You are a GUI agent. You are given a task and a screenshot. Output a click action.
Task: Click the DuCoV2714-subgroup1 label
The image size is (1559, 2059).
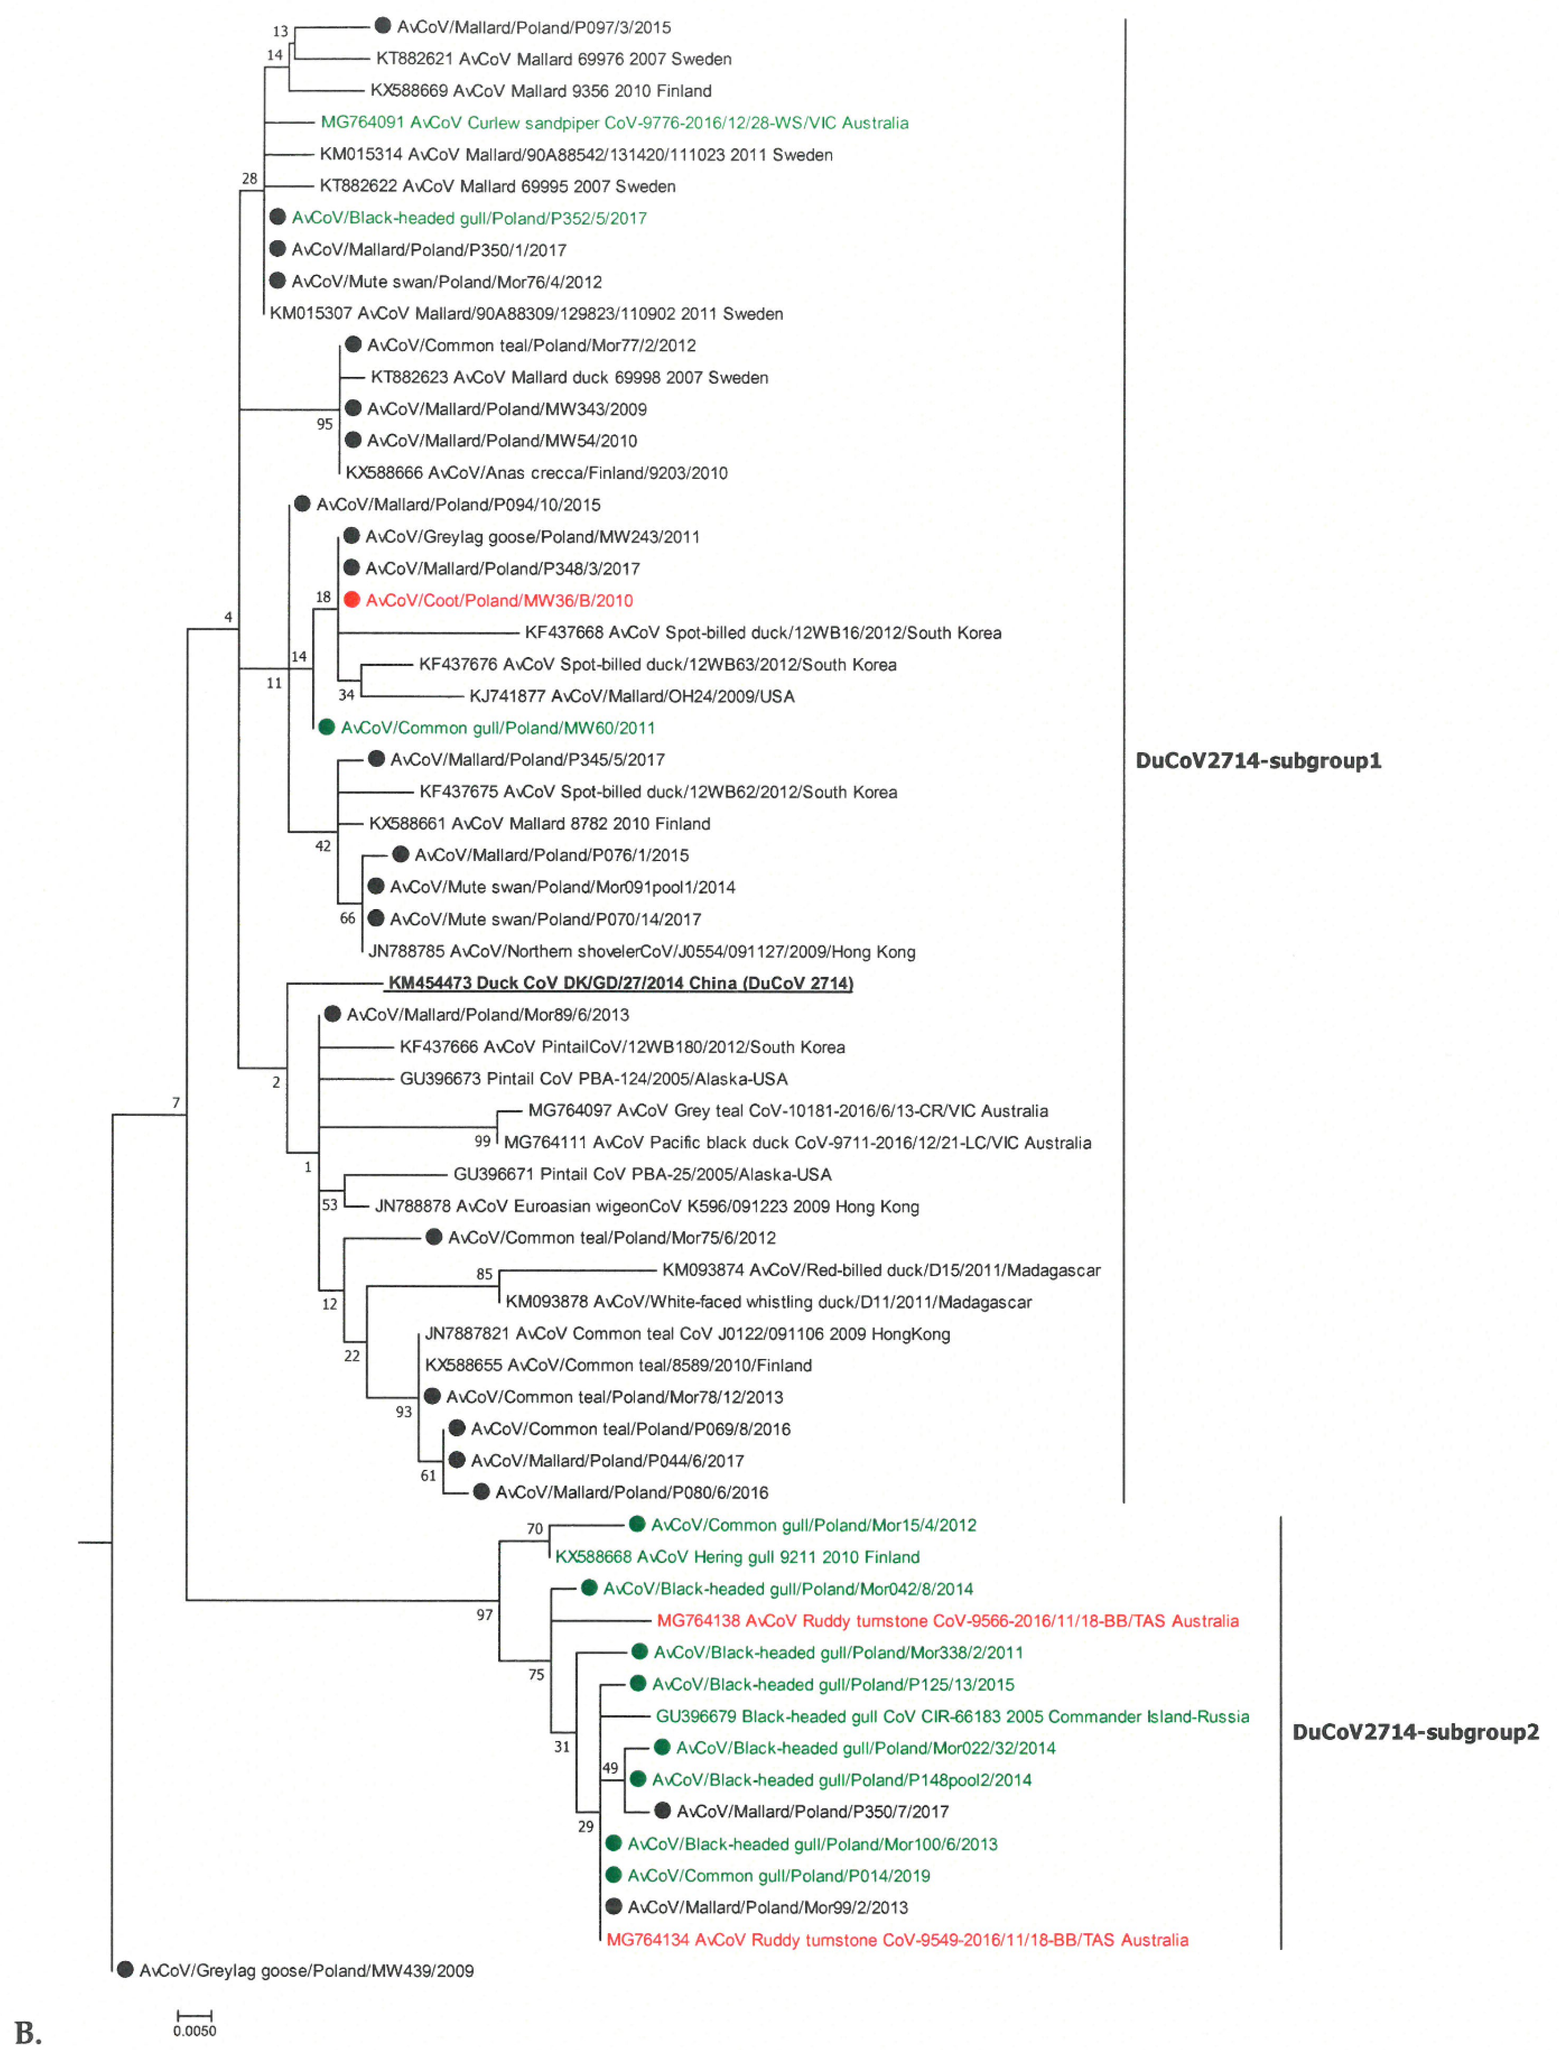[x=1257, y=761]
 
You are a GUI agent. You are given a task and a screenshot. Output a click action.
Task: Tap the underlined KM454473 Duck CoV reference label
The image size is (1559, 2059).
[x=620, y=983]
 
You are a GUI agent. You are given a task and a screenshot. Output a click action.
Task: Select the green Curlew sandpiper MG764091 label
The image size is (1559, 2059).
[x=614, y=123]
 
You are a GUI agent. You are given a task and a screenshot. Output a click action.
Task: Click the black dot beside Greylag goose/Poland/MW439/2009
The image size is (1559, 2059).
[x=125, y=1970]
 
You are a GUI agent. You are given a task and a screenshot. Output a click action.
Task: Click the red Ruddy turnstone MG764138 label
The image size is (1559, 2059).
[x=947, y=1620]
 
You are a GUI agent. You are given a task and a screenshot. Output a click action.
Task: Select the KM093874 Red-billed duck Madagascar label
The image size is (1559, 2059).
[x=881, y=1270]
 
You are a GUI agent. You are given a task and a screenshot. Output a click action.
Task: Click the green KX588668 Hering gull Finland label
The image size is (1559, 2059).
[x=737, y=1556]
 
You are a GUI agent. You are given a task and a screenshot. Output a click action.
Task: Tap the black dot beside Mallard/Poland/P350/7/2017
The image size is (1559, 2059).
[x=662, y=1811]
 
